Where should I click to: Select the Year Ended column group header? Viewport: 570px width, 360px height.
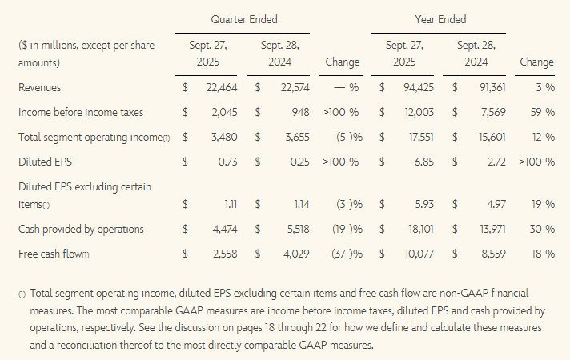[440, 18]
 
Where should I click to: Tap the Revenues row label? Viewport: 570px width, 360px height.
[39, 86]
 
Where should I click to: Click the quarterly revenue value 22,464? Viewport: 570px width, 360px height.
[223, 86]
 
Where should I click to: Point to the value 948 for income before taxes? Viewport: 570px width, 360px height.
[300, 112]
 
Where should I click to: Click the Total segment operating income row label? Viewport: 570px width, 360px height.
[94, 138]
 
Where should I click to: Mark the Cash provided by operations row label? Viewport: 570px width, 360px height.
[81, 230]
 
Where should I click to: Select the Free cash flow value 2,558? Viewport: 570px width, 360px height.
[223, 254]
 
